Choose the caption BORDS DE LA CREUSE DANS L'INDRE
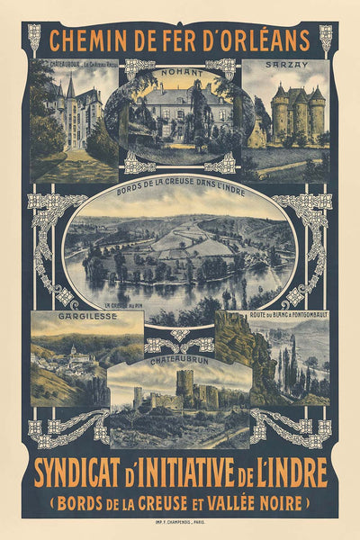click(180, 193)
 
